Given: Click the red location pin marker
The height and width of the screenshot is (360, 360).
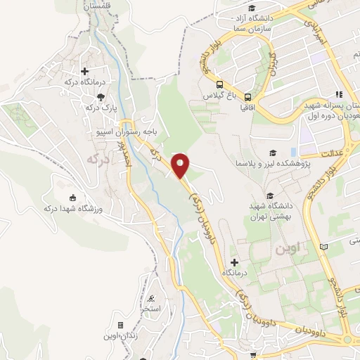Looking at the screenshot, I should coord(181,165).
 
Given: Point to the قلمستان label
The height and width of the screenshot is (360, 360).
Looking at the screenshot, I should coord(98,6).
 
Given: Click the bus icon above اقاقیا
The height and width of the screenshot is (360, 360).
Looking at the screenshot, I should coord(247,97).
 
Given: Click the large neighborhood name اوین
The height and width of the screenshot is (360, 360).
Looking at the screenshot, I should coord(274,249).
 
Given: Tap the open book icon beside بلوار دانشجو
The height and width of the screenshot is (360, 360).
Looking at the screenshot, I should coord(323,247).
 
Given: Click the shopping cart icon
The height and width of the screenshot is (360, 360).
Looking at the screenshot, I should coord(251,356).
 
